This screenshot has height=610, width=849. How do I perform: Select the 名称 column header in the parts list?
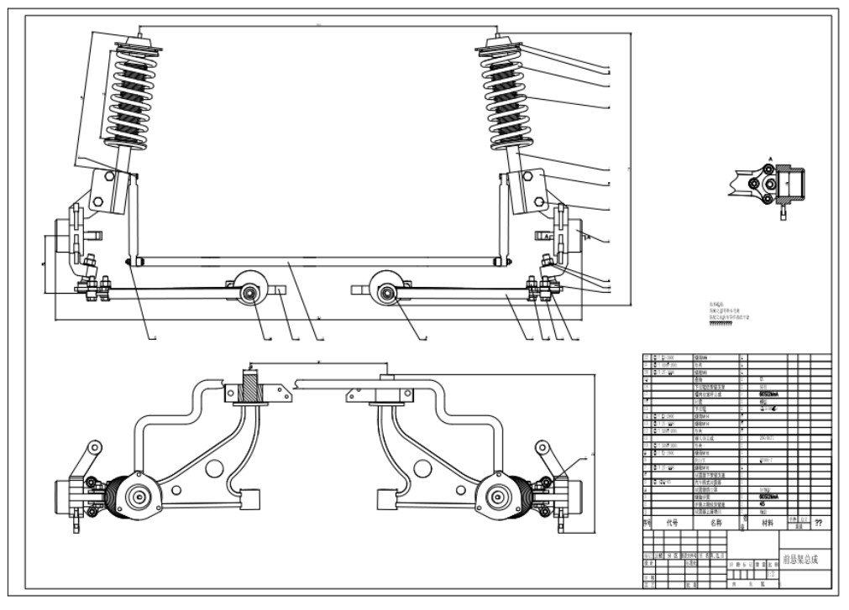pos(715,522)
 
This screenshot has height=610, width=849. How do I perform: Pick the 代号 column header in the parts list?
pos(672,522)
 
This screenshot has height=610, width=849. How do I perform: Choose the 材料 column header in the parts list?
pos(767,522)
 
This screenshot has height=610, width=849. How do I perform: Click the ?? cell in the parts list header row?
pos(819,522)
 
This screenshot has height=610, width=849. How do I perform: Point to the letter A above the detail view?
pos(770,158)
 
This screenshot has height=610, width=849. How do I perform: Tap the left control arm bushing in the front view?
pos(249,292)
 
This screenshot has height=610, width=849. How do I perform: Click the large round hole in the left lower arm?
pos(212,468)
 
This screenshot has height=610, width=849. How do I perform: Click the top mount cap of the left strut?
pos(138,41)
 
